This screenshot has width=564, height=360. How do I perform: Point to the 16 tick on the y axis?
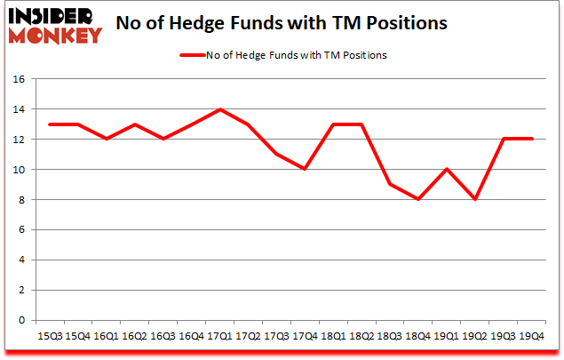[x=23, y=79]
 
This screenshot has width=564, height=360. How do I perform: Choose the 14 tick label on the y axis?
[x=23, y=109]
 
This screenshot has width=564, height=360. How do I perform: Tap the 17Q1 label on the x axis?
[x=220, y=337]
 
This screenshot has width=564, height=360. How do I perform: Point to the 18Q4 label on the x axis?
[x=417, y=337]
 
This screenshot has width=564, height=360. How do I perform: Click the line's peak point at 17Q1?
[x=220, y=109]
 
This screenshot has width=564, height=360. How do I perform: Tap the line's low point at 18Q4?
[x=417, y=200]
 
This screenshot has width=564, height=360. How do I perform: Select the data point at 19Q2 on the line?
[x=474, y=200]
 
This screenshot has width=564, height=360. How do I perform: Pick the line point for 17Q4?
[x=305, y=170]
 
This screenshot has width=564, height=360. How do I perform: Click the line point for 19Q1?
[x=446, y=170]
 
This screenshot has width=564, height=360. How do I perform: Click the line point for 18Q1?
[x=333, y=124]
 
